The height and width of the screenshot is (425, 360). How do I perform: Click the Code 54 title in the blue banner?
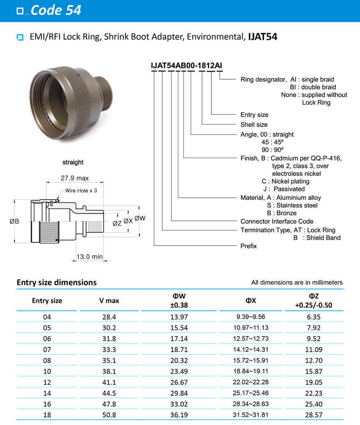(x=56, y=10)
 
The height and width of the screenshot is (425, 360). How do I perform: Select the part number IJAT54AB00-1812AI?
(x=186, y=65)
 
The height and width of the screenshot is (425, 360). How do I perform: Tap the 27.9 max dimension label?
(x=75, y=178)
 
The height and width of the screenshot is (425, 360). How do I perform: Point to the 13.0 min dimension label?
(x=90, y=256)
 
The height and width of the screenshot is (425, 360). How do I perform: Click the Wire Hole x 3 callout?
(x=81, y=191)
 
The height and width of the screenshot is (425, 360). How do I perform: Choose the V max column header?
(x=109, y=301)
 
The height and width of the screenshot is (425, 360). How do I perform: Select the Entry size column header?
(x=47, y=301)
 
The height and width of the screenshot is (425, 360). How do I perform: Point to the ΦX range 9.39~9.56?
(x=252, y=317)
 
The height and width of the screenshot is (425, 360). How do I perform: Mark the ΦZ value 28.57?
(x=313, y=416)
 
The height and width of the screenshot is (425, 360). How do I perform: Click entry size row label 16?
(x=47, y=405)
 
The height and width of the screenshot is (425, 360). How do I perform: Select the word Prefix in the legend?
(x=249, y=246)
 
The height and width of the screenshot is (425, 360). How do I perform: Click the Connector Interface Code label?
(x=277, y=221)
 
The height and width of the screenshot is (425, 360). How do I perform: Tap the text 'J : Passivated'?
(x=284, y=189)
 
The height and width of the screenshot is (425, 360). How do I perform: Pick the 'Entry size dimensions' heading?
(x=56, y=282)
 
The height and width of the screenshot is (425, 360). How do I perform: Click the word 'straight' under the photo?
(x=73, y=162)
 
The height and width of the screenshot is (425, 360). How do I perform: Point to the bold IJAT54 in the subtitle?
(x=263, y=37)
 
